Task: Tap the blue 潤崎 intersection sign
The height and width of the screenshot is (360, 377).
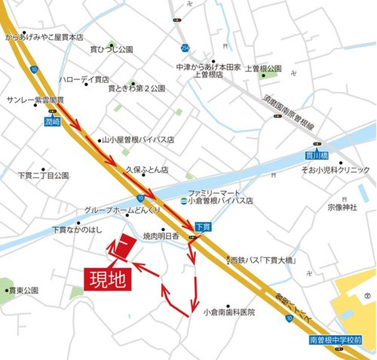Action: tap(51, 120)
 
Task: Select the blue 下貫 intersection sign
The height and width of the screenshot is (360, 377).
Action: tap(202, 226)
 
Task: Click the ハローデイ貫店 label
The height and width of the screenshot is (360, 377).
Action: tap(84, 79)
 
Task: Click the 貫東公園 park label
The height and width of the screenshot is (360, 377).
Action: tap(23, 290)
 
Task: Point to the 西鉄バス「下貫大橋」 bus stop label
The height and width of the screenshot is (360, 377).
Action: tap(264, 261)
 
